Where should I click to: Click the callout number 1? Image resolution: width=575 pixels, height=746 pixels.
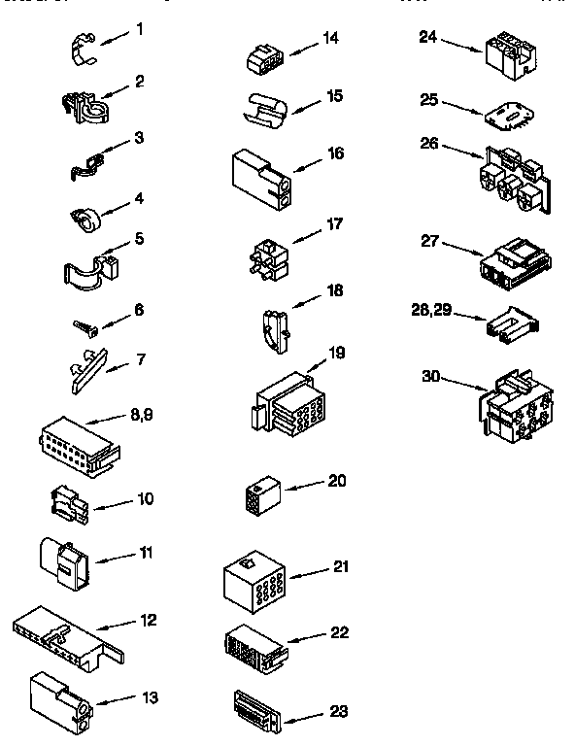click(140, 29)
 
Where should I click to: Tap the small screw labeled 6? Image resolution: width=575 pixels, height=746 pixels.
click(83, 324)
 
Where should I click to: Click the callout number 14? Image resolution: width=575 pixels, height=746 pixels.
click(331, 38)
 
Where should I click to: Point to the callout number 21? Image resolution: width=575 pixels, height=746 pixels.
click(340, 566)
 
